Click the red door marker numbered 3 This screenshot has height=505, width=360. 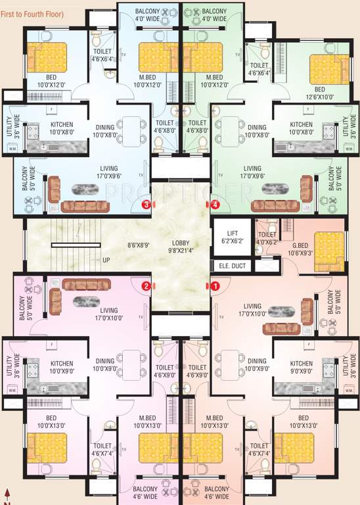[x=146, y=204]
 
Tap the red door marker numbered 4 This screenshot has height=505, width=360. [x=215, y=204]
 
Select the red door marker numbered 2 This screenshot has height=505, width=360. [x=146, y=286]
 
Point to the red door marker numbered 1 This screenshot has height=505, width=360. [x=215, y=286]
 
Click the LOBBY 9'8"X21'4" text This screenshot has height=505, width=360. [x=181, y=245]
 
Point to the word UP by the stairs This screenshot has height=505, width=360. [x=106, y=260]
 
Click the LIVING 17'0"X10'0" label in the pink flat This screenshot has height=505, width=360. [x=109, y=314]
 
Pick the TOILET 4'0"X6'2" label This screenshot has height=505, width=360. [x=267, y=238]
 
